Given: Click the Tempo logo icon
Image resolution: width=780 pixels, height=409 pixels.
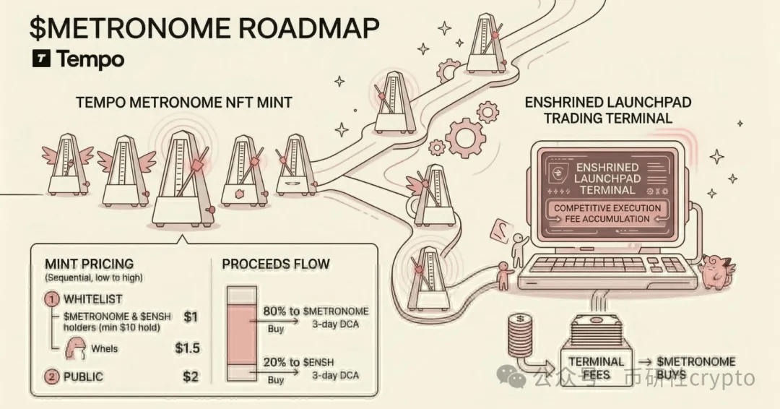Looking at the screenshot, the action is [x=41, y=59].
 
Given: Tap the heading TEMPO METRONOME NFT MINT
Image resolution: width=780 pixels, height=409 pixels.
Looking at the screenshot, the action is [x=183, y=103].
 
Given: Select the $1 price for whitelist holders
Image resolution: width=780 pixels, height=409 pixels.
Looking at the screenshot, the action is [x=191, y=316].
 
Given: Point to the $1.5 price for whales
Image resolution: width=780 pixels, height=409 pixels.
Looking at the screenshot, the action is [x=187, y=348].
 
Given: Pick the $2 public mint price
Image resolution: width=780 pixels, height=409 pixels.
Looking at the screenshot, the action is [x=191, y=376].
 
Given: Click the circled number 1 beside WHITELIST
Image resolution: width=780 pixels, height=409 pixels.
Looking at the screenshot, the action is [x=51, y=298].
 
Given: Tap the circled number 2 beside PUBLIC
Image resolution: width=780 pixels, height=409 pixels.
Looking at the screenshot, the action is [x=51, y=376].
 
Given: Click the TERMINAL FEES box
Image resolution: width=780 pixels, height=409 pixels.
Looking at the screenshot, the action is [x=596, y=368].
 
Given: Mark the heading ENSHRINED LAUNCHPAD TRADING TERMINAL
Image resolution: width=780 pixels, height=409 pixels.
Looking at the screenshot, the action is [x=608, y=110].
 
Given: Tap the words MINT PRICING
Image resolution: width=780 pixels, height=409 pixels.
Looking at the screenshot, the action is [x=89, y=264].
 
